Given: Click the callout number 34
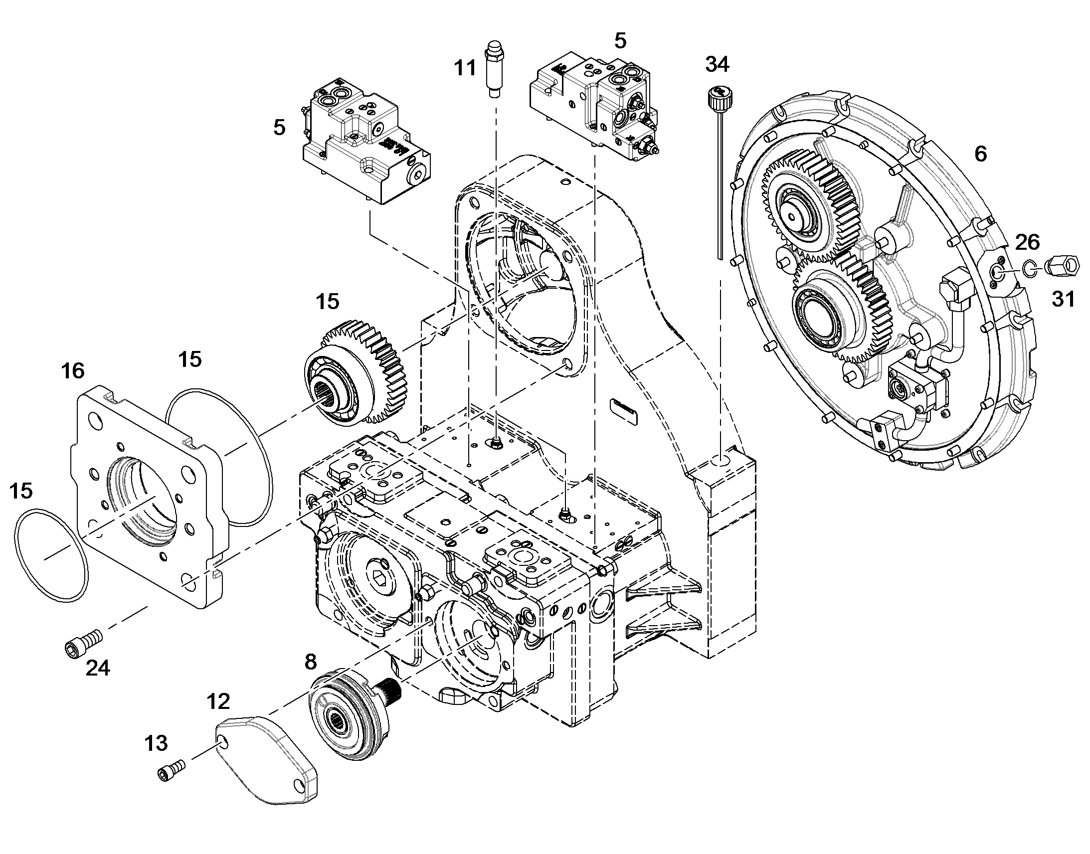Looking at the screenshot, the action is [717, 64].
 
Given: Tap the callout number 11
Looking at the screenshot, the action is [465, 67].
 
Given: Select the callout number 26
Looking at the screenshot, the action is [1028, 242].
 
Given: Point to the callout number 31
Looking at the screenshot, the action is [1063, 299].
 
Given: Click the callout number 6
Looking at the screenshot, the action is [981, 154].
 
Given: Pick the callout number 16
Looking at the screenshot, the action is [73, 371].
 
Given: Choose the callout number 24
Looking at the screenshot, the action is [98, 668].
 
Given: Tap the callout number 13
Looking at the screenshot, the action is [156, 743].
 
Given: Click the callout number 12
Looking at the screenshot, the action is [218, 701].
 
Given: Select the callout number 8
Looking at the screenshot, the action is [311, 662].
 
